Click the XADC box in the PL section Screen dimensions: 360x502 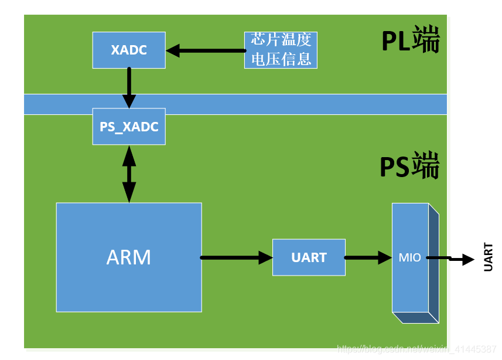129,50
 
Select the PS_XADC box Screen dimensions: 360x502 129,127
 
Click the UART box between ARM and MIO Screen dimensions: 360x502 309,257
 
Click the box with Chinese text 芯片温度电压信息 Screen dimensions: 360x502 281,50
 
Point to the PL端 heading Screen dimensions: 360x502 410,42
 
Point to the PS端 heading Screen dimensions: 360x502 409,168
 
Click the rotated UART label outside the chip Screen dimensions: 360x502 488,257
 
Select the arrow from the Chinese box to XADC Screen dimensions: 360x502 205,50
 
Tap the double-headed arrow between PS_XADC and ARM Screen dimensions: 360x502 129,174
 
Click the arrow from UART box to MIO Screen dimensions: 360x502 368,257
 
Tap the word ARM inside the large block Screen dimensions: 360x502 129,257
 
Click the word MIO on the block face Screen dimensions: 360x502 409,257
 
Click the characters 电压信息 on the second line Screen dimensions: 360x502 281,59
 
